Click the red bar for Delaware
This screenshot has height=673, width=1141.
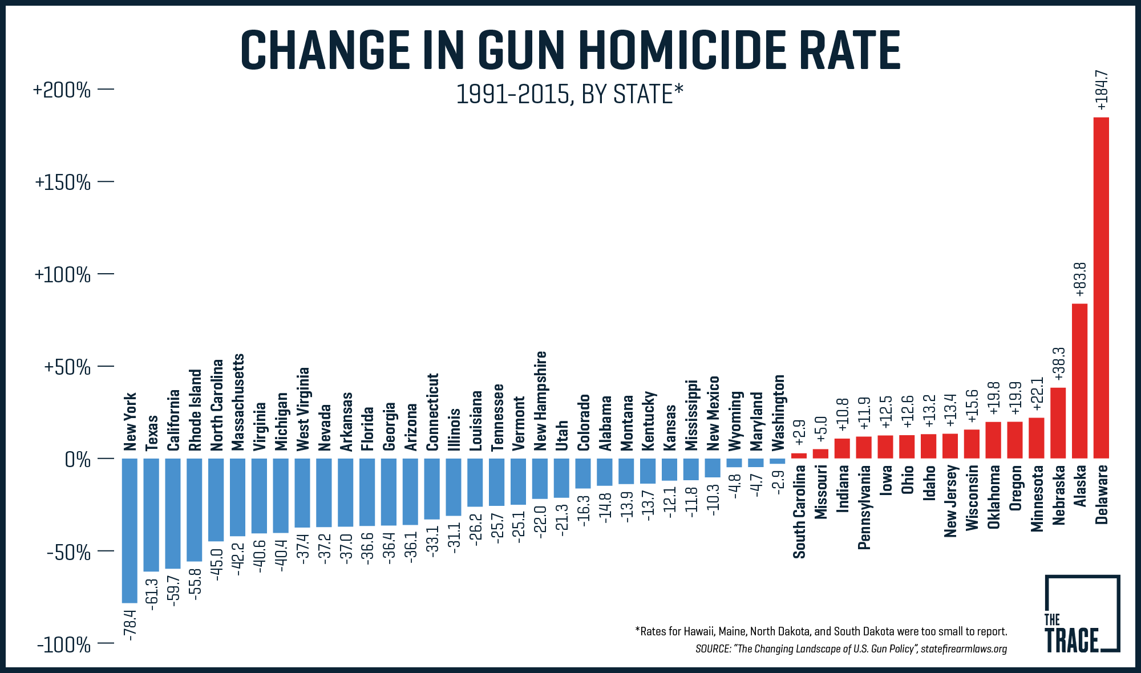pos(1101,288)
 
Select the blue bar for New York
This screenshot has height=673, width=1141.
pos(130,530)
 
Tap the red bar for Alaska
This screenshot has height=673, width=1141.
pos(1079,381)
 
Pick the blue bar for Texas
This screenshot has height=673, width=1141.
pos(151,514)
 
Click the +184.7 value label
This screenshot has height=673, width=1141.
pos(1102,90)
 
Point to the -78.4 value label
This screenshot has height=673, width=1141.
pos(130,625)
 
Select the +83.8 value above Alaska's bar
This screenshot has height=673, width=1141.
pos(1080,279)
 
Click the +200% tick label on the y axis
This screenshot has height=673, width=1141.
pos(62,90)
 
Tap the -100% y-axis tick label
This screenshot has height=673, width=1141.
pos(63,645)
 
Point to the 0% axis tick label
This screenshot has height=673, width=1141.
pos(78,459)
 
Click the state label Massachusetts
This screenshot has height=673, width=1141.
pos(238,402)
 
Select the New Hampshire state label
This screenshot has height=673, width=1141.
pos(540,401)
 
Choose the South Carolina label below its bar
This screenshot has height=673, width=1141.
pos(799,512)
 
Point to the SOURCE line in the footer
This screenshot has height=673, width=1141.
pos(851,649)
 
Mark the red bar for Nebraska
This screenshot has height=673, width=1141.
pos(1058,423)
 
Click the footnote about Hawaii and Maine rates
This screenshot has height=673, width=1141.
pos(821,631)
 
